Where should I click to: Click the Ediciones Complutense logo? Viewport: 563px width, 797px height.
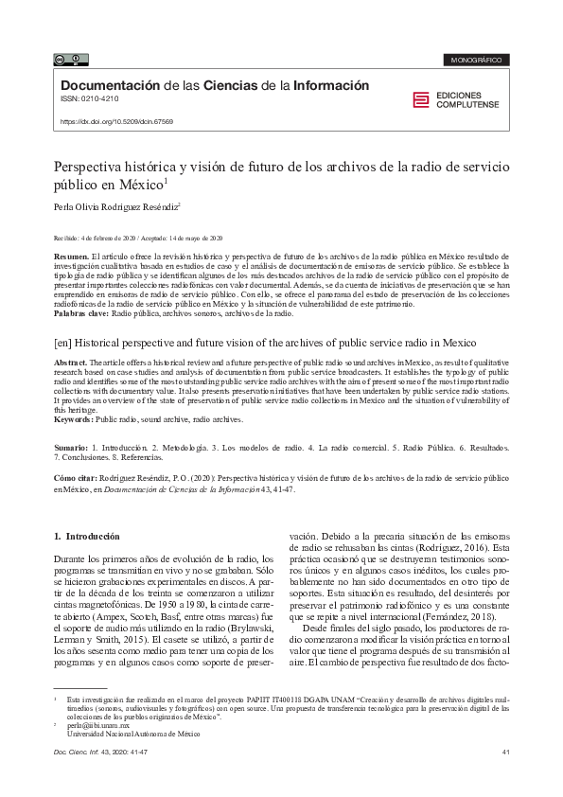tap(460, 99)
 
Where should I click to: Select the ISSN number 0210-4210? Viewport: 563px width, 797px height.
tap(96, 99)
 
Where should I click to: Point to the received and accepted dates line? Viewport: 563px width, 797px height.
tap(138, 239)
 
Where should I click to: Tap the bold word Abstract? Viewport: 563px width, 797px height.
tap(71, 363)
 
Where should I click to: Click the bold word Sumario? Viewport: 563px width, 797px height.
tap(71, 445)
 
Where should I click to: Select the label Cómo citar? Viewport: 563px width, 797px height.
tap(79, 479)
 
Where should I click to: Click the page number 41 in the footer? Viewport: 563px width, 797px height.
tap(506, 753)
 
